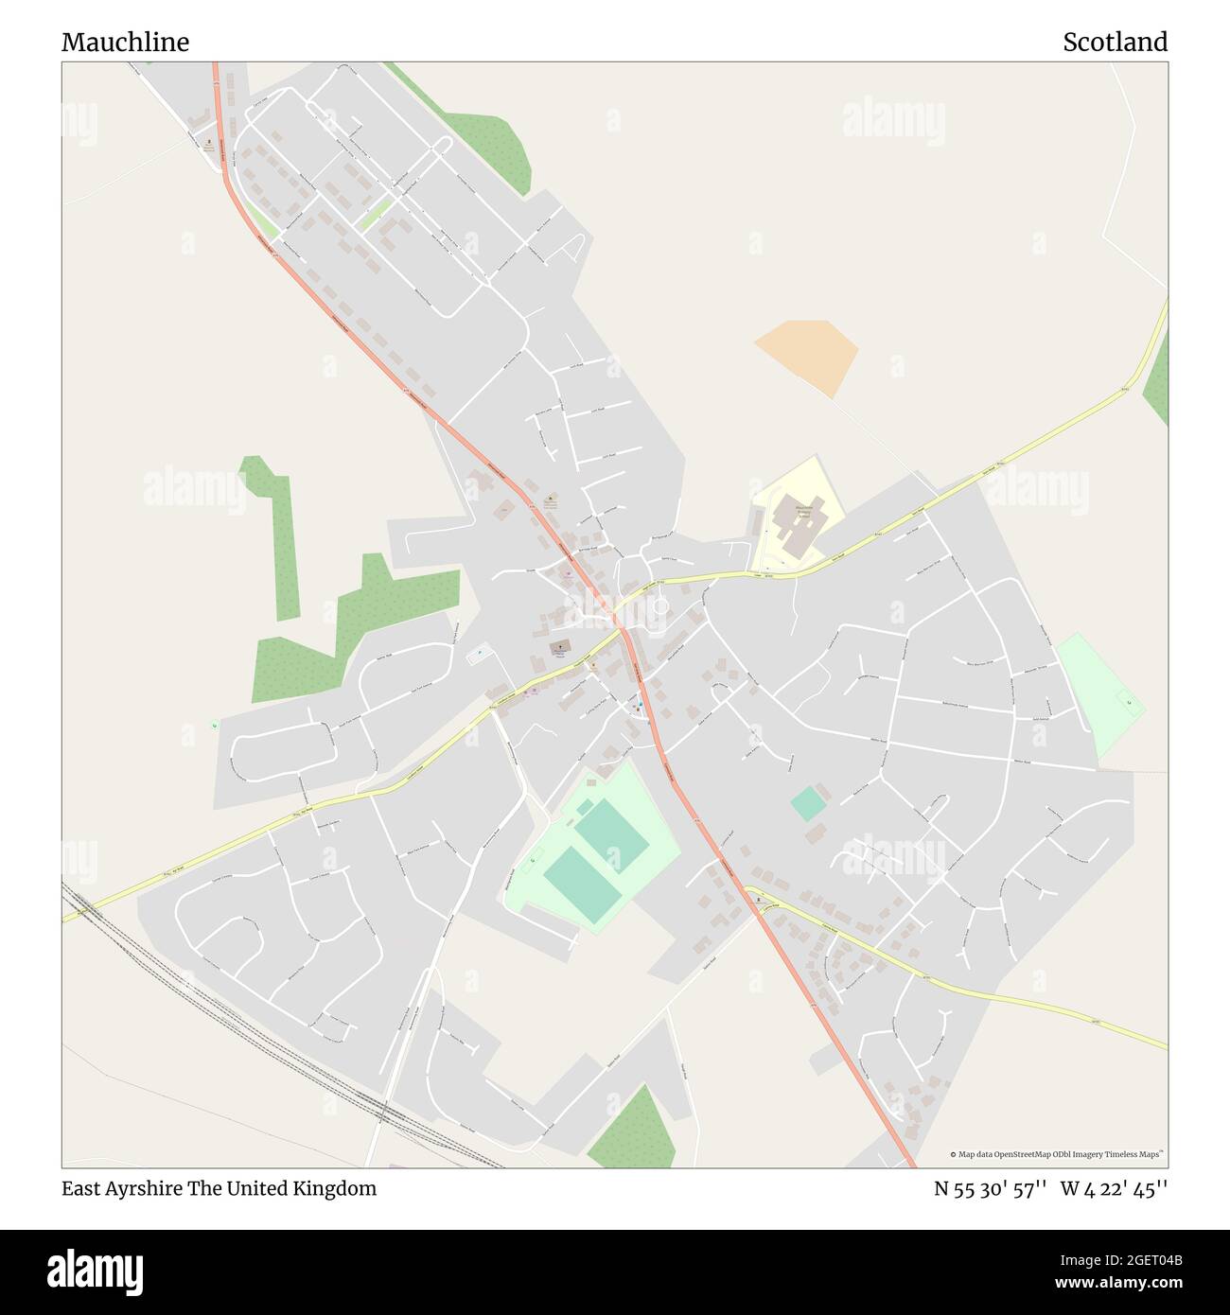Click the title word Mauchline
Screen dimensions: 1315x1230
point(125,42)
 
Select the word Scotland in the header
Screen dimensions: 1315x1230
point(1115,42)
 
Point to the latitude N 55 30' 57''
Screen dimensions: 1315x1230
point(990,1188)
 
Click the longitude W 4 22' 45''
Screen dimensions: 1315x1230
point(1114,1188)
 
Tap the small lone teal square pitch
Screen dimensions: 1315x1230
point(808,804)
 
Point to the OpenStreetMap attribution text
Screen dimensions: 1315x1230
point(1057,1154)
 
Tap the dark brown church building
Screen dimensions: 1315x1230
point(560,647)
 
